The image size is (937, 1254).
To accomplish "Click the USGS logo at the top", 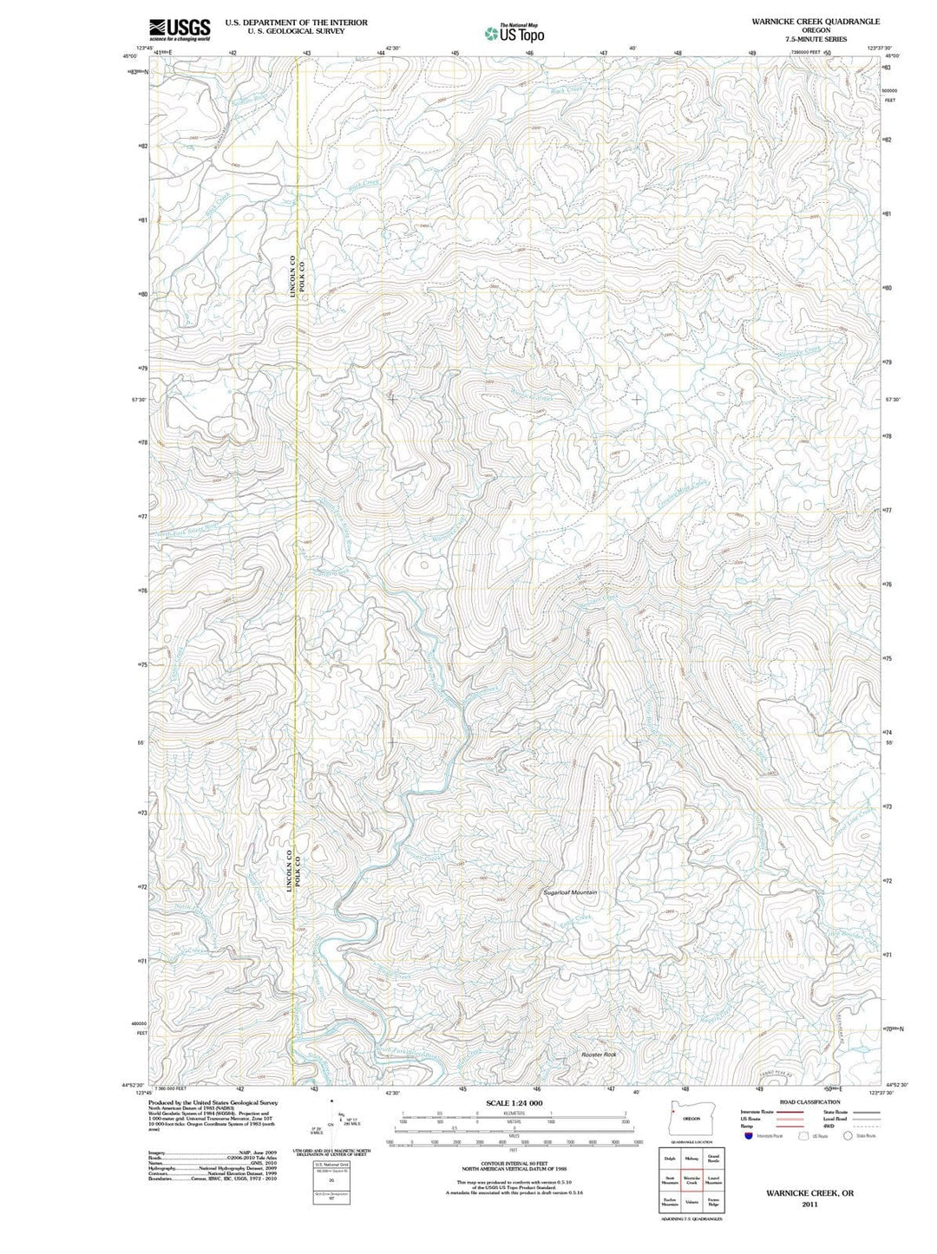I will pos(180,29).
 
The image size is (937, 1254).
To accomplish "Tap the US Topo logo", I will pos(515,34).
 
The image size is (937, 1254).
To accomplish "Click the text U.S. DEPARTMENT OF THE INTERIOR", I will pos(296,23).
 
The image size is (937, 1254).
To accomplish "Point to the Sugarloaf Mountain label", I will pos(570,892).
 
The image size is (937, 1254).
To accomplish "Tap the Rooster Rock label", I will pos(599,1054).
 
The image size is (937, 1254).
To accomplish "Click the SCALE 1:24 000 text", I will pos(514,1103).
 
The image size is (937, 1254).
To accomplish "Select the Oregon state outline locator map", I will pos(691,1117).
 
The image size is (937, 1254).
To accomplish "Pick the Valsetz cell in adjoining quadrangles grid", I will pos(691,1203).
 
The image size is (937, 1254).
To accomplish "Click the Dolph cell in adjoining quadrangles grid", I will pos(669,1159).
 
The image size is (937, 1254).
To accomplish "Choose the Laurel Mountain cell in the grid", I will pos(713,1181).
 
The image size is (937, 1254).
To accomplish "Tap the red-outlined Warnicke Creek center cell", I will pos(691,1181).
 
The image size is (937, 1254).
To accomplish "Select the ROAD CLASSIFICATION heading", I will pos(809,1102).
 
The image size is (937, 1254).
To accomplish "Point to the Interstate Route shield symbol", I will pos(749,1135).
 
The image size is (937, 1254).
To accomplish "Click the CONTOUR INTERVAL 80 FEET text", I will pos(514,1163).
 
